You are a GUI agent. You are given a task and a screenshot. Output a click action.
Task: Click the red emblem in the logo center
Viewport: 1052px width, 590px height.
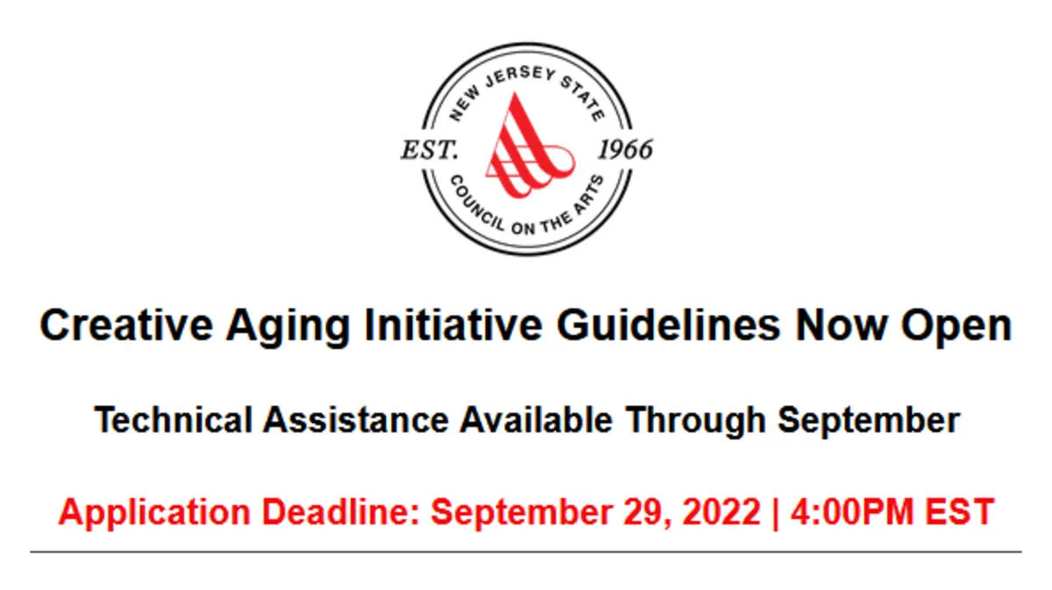coord(529,146)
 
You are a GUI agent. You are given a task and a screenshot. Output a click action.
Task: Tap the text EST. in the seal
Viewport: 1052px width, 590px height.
coord(430,150)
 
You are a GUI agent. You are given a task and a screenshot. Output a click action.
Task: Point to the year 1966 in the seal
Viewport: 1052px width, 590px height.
coord(625,150)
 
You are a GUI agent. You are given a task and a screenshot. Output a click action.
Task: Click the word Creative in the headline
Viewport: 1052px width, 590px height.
coord(126,325)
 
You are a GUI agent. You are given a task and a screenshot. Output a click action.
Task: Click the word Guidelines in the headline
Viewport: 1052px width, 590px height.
coord(668,325)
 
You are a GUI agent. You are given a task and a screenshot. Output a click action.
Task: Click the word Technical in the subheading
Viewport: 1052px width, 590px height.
coord(174,420)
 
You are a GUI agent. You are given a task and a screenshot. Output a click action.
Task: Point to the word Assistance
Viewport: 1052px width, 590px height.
coord(356,420)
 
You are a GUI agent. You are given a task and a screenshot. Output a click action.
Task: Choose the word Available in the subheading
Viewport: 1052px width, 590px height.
coord(536,420)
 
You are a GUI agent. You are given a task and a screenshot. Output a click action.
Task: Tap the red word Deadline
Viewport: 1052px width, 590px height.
coord(340,512)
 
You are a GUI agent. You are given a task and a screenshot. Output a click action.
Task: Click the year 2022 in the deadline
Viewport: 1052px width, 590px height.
coord(721,512)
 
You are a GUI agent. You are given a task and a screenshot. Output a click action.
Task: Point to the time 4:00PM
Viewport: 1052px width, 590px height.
coord(852,512)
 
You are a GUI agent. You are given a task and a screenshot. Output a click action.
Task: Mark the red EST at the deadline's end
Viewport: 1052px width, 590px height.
coord(959,512)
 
